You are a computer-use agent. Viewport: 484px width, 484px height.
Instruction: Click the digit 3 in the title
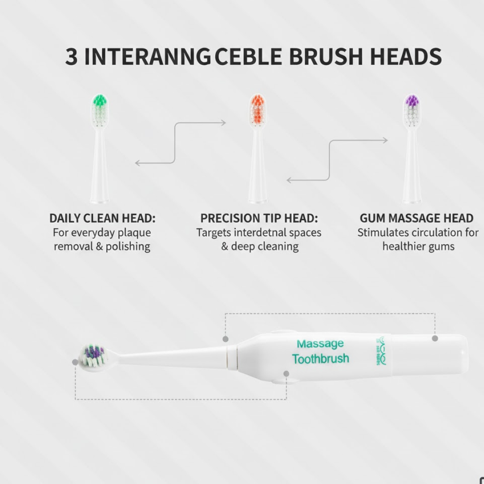pyautogui.click(x=71, y=57)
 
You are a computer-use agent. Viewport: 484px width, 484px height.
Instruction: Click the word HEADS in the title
pyautogui.click(x=406, y=57)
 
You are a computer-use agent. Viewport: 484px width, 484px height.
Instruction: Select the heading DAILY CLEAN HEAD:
pyautogui.click(x=102, y=219)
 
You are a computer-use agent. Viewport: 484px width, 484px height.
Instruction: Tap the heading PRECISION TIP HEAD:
pyautogui.click(x=259, y=219)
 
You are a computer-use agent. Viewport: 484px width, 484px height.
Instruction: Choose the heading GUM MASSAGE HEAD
pyautogui.click(x=417, y=219)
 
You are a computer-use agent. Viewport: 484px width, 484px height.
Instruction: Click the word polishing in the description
pyautogui.click(x=128, y=246)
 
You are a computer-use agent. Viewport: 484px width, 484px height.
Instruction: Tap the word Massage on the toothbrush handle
pyautogui.click(x=320, y=344)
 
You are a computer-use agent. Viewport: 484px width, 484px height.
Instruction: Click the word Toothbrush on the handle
pyautogui.click(x=320, y=359)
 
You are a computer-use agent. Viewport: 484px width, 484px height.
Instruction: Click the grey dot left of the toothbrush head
pyautogui.click(x=75, y=362)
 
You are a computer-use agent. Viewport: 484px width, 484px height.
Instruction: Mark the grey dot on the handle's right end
pyautogui.click(x=435, y=338)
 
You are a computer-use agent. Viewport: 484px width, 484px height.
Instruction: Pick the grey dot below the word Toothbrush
pyautogui.click(x=286, y=373)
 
